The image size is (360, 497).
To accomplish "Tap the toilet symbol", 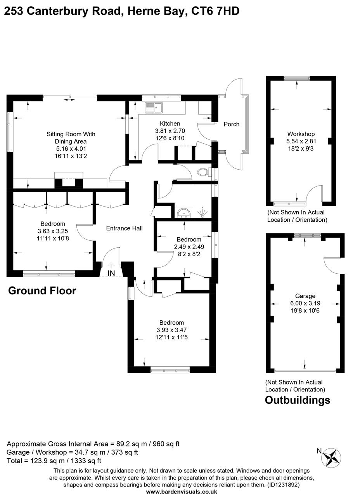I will [x=203, y=172].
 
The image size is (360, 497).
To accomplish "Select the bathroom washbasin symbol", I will [x=183, y=213].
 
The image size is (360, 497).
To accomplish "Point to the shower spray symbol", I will [x=202, y=213].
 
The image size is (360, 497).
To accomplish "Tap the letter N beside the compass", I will [x=319, y=451].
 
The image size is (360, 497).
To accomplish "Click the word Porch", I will [x=232, y=124].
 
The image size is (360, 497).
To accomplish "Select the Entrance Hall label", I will [x=124, y=228].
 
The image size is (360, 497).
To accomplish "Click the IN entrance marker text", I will [x=111, y=273].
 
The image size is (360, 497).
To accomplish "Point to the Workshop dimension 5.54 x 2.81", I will [x=301, y=141].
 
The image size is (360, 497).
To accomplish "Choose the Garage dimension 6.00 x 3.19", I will [x=305, y=303].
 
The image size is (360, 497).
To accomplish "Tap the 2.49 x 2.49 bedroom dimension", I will [x=189, y=247].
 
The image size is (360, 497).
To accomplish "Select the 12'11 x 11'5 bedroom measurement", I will [x=171, y=337].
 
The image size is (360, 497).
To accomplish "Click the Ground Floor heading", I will [x=42, y=290].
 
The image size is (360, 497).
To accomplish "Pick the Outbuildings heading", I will [x=298, y=400].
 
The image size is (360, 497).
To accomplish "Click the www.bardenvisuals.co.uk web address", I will [x=182, y=492].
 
